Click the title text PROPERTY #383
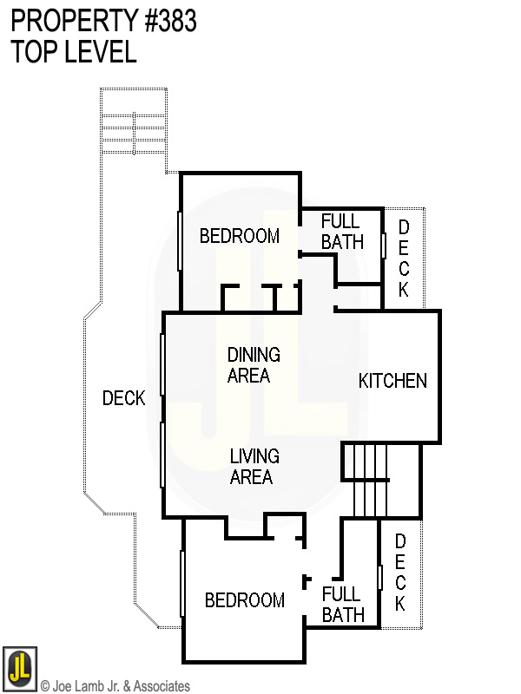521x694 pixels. coord(104,21)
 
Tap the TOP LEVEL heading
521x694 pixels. coord(74,52)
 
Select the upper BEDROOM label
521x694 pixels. coord(240,236)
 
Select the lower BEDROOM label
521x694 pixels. coord(244,600)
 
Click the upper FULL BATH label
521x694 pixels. coord(342,232)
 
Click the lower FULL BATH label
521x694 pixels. coord(341,605)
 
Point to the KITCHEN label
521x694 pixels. coord(392,381)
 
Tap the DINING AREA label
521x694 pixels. coord(254,365)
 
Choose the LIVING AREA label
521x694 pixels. coord(254,467)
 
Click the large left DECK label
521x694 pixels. coord(123,398)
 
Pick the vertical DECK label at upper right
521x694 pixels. coord(403,259)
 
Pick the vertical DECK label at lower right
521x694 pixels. coord(400,572)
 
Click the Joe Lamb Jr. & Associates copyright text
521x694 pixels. coord(115,686)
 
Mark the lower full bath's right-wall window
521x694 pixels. coord(380,578)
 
